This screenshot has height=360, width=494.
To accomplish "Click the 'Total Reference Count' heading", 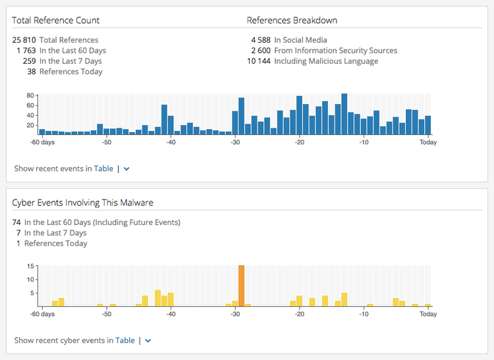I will [55, 20].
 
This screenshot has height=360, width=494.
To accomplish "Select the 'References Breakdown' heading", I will [292, 20].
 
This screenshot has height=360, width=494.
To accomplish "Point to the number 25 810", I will [24, 40].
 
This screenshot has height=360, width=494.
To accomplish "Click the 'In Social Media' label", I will [300, 40].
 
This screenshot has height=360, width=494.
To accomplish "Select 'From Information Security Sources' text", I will [335, 51].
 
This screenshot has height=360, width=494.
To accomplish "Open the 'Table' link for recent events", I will [103, 168].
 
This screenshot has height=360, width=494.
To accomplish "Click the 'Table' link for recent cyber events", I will [125, 340].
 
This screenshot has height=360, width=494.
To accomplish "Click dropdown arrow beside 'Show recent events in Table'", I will [127, 168].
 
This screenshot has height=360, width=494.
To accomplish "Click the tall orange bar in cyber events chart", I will [241, 285].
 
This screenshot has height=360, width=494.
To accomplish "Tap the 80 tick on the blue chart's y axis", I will [30, 96].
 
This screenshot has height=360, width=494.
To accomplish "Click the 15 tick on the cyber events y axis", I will [31, 266].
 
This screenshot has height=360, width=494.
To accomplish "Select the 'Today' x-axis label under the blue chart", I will [428, 142].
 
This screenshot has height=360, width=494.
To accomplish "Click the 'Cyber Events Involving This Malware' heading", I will [82, 202].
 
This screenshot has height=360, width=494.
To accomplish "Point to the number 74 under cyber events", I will [16, 222].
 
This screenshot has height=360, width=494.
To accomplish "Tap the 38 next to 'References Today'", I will [31, 72].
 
